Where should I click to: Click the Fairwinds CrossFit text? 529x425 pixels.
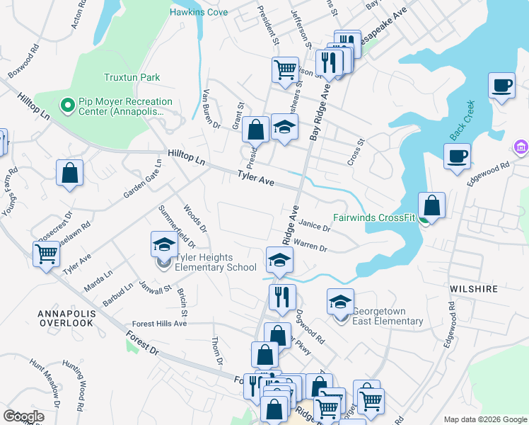(374, 217)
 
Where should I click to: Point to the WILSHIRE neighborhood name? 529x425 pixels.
(473, 289)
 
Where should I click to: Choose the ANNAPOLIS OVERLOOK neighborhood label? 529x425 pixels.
(66, 317)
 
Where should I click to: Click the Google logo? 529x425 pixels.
(24, 416)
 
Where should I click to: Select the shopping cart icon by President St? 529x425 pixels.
(284, 69)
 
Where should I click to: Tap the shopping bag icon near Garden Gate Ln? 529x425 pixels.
(70, 173)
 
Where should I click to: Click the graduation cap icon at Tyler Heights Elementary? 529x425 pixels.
(164, 244)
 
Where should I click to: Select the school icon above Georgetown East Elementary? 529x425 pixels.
(340, 301)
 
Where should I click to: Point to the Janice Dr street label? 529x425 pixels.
(315, 228)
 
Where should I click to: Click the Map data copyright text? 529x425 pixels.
(484, 419)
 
